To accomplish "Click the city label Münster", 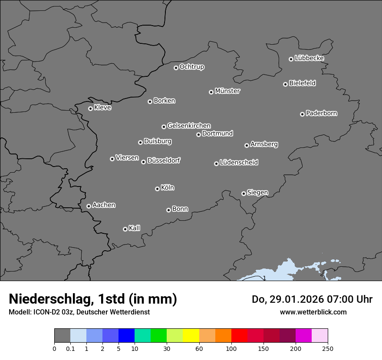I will coord(227,91).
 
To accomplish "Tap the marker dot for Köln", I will coord(157,189).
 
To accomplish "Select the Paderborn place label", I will coord(321,113).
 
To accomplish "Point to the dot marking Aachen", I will coord(89,206).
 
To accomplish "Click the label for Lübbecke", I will coord(309,58).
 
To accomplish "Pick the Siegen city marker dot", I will coord(244,193).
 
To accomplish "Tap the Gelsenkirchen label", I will coord(189,126).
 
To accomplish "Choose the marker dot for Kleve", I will coord(90,108).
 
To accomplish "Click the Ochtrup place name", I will coord(191,67).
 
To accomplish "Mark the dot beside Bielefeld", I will coord(285,84).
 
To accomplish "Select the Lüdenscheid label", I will coord(239,163).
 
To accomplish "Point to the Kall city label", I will coord(134,228).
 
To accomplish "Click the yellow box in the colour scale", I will coord(191,336).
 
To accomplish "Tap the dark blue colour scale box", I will coord(126,336).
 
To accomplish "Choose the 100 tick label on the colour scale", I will coord(231,348).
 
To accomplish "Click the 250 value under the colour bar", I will coord(328,348).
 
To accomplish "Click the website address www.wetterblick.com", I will coord(313,312).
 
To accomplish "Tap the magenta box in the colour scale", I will coord(303,336).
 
